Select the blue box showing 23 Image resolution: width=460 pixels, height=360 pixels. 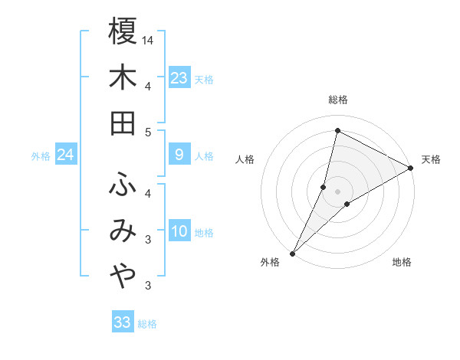[179, 78]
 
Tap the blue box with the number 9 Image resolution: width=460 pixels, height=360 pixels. [179, 155]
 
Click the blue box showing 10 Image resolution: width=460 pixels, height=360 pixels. [179, 232]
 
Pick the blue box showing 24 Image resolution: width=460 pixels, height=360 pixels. [65, 155]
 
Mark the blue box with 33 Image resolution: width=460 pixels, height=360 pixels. [123, 322]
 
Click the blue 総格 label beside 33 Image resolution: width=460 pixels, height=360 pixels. [147, 323]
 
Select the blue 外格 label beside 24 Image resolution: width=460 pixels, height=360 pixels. [41, 156]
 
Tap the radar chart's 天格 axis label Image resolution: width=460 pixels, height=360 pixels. [431, 159]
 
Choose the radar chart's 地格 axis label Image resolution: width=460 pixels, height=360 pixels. [402, 262]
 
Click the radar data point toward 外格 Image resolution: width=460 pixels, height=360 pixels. [292, 253]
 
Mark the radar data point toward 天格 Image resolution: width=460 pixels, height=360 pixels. [411, 169]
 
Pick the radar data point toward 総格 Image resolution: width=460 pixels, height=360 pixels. [337, 130]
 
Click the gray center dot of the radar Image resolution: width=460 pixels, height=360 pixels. [337, 191]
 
